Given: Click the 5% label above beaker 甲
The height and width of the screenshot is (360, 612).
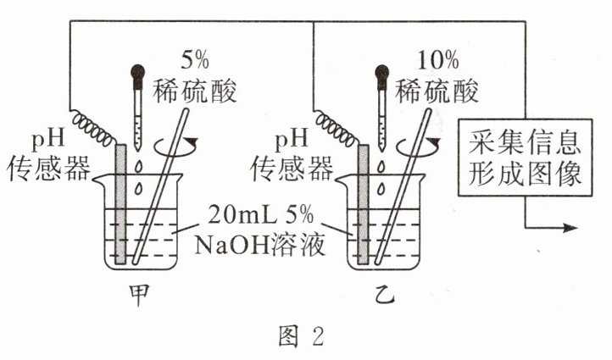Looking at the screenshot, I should pos(196,60).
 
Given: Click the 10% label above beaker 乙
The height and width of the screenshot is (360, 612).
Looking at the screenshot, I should pos(439,60).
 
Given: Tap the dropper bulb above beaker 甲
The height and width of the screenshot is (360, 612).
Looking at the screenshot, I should pos(136,75).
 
